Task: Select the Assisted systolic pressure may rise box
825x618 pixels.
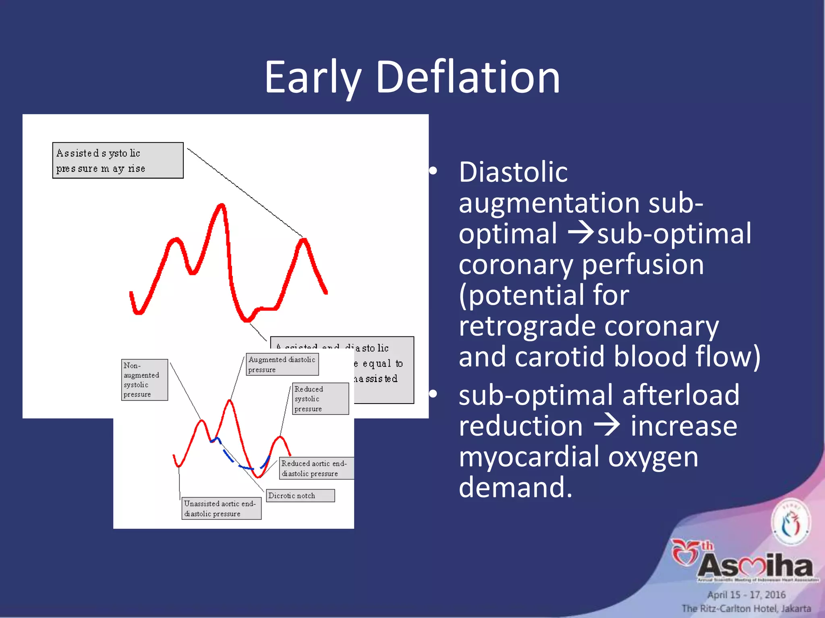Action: [x=118, y=161]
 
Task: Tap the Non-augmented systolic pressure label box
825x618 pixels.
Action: [x=145, y=380]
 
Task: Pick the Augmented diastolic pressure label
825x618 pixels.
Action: [x=282, y=365]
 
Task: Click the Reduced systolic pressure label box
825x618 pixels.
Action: [x=320, y=399]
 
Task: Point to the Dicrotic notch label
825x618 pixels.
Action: [x=300, y=496]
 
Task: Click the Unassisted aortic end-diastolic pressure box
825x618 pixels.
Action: [x=221, y=509]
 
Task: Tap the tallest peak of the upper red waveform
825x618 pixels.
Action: [x=222, y=206]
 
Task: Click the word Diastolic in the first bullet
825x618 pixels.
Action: [x=513, y=172]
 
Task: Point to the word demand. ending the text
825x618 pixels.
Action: [x=515, y=487]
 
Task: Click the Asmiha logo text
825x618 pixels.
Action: [x=755, y=565]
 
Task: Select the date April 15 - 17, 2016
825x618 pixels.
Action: [x=746, y=595]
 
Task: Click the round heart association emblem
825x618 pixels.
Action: [x=790, y=523]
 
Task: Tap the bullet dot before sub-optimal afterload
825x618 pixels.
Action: [x=433, y=394]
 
